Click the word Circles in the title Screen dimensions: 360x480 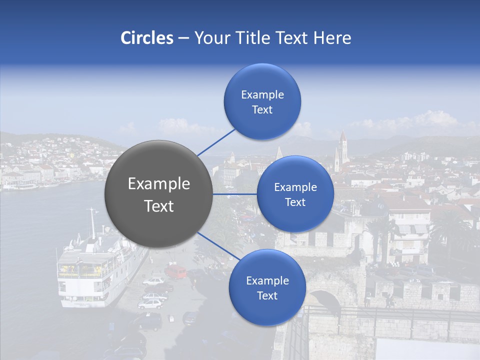(x=147, y=38)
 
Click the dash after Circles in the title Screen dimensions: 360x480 (x=183, y=38)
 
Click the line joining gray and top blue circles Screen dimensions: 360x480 (x=216, y=141)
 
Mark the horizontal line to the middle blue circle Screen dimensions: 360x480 (x=234, y=194)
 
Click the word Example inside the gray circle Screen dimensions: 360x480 (x=159, y=184)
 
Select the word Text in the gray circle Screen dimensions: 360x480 (x=159, y=206)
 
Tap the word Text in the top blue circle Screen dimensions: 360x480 (x=262, y=110)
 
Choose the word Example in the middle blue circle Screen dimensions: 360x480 (x=295, y=187)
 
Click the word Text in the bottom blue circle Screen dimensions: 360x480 (x=267, y=296)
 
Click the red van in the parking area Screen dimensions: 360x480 (x=175, y=271)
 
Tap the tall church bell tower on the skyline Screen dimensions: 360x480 (x=342, y=150)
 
